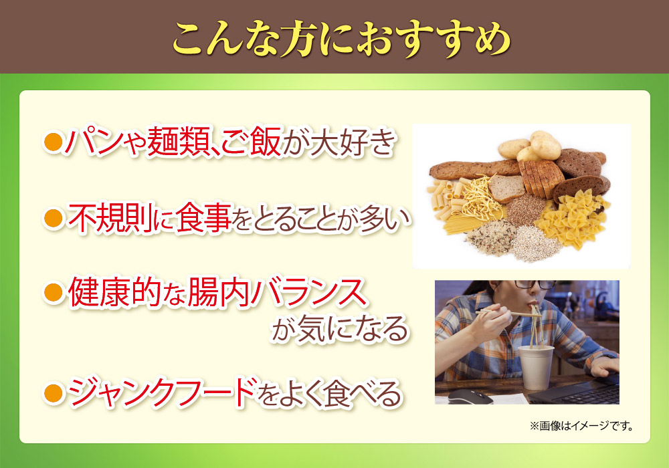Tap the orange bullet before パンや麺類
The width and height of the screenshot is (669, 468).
click(x=54, y=142)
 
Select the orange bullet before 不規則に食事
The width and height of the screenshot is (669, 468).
click(x=54, y=218)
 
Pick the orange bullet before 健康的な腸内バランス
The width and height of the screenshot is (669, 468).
click(x=54, y=293)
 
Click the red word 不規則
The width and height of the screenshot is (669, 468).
click(x=110, y=218)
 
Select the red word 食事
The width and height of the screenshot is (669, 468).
click(x=203, y=218)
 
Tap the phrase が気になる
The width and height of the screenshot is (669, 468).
click(x=340, y=328)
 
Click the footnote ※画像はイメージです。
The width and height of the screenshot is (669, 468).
click(x=581, y=426)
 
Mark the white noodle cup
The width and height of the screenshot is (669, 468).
click(x=535, y=367)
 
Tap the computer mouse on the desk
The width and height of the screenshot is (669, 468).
click(x=470, y=396)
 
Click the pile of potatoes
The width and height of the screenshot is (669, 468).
click(x=531, y=146)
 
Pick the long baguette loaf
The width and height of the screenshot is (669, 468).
click(x=474, y=169)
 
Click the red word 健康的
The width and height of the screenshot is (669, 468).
click(x=112, y=292)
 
